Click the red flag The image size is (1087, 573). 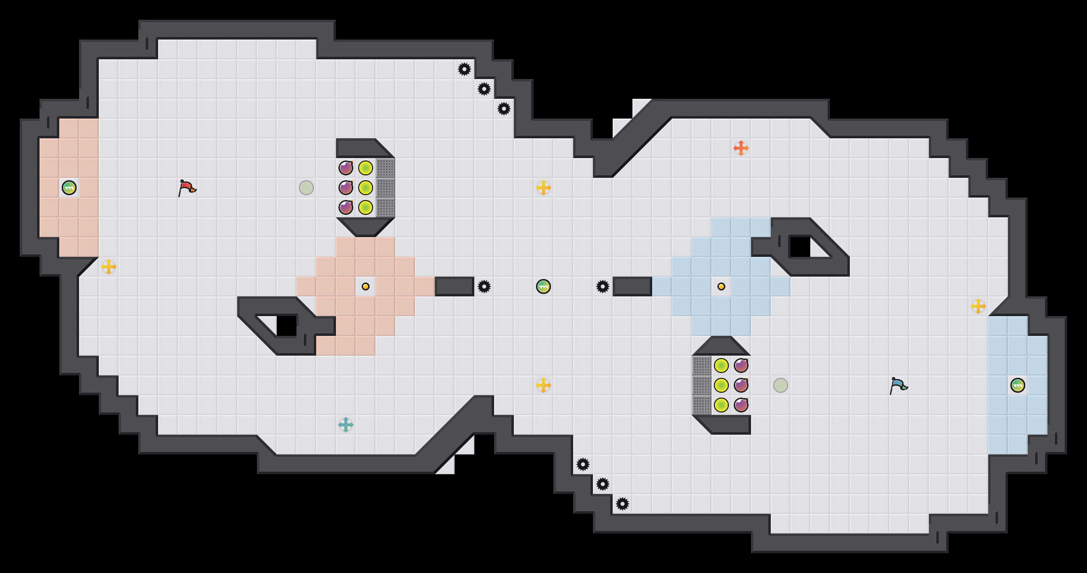(186, 188)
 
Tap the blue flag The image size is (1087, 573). (898, 385)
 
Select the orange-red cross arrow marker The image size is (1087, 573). (741, 148)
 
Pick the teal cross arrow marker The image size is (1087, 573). (346, 425)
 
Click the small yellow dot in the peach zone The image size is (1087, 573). (366, 286)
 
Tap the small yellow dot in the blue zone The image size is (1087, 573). (721, 286)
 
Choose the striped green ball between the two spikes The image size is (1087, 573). (543, 286)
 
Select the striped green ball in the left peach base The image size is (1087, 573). (69, 188)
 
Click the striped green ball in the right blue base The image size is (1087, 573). (1018, 385)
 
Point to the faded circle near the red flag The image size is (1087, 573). (306, 188)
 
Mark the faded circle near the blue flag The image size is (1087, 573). (781, 385)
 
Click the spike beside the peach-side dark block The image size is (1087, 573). (484, 286)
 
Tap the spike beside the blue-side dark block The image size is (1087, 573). (603, 286)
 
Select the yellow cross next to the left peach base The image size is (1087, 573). (109, 267)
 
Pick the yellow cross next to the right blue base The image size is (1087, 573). (978, 306)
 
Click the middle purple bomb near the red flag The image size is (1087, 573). (346, 188)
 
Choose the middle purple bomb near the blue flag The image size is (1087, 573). (741, 385)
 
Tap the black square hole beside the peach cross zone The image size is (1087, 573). (287, 326)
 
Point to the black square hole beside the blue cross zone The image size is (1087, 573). (800, 247)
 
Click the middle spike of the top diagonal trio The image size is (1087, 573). (484, 89)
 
